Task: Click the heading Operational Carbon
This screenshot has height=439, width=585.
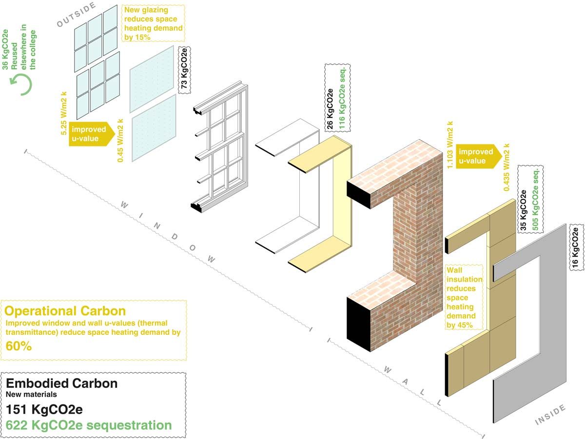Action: click(x=65, y=311)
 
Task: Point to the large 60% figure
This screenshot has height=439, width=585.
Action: click(x=19, y=346)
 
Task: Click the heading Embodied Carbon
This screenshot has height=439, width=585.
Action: click(x=61, y=384)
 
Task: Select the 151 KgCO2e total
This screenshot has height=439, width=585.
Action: click(x=41, y=408)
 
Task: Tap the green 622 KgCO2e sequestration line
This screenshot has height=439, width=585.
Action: click(x=89, y=425)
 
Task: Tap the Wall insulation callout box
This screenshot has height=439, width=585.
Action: click(x=464, y=297)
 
